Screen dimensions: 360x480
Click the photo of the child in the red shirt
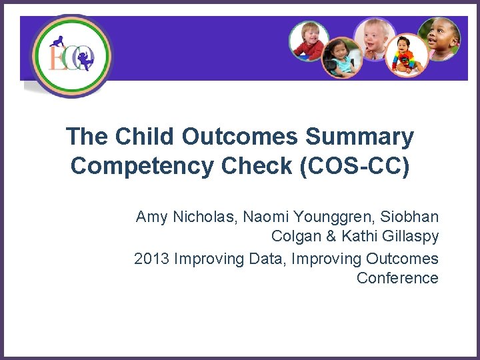click(x=309, y=41)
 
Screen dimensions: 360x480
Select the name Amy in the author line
click(x=151, y=217)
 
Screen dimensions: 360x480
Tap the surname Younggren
click(x=331, y=217)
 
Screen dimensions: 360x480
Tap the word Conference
click(x=397, y=277)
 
